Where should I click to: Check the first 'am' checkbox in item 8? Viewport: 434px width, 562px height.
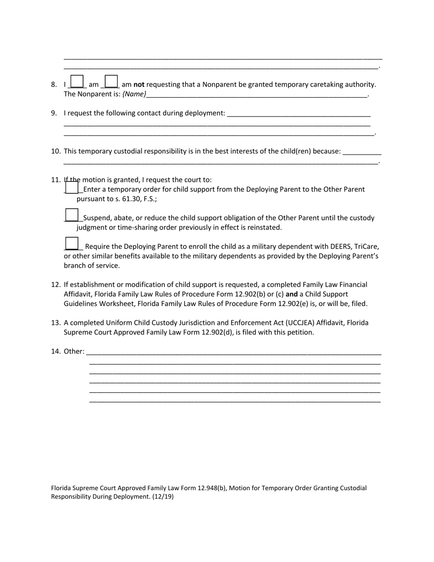click(78, 81)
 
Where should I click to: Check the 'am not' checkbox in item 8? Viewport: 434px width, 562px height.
click(111, 81)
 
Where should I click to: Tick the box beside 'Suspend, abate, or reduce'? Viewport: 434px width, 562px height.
click(72, 215)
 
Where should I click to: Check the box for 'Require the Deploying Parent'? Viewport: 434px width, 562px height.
click(72, 244)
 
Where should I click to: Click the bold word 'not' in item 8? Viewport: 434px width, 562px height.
click(139, 85)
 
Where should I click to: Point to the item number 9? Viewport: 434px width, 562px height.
click(54, 113)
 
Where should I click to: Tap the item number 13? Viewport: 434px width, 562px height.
click(56, 323)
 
